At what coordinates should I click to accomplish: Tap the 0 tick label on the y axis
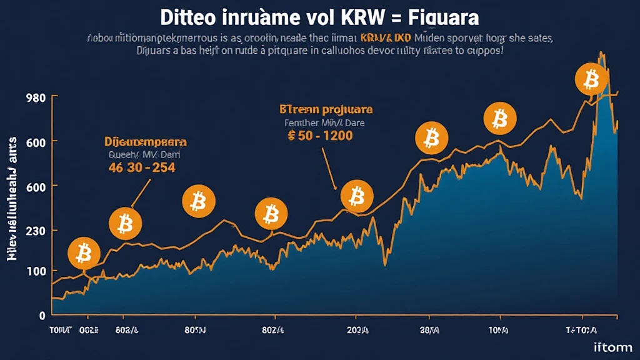click(42, 314)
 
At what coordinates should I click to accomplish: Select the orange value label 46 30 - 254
click(141, 167)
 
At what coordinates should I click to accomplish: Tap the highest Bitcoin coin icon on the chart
click(588, 79)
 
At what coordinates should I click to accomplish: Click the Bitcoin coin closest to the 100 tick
click(84, 253)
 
